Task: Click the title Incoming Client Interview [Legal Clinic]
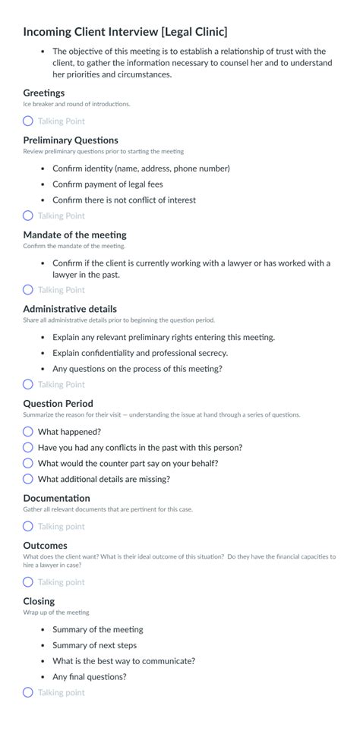coord(125,32)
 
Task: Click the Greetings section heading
coord(44,93)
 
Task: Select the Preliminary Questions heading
coord(71,140)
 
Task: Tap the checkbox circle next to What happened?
coord(28,432)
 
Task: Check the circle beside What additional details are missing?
coord(28,479)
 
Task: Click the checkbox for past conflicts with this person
coord(28,448)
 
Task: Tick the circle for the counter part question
coord(28,463)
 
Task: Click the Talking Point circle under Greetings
coord(28,121)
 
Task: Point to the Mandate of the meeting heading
coord(74,235)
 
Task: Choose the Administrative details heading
coord(70,309)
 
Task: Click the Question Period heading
coord(58,404)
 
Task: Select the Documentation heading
coord(56,499)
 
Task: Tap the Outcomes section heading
coord(45,546)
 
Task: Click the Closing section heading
coord(39,601)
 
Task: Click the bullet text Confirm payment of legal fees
coord(107,184)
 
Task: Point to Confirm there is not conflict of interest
coord(124,200)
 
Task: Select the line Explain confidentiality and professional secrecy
coord(140,353)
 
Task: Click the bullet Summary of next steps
coord(94,645)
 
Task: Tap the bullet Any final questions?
coord(89,677)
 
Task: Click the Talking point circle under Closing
coord(28,692)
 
